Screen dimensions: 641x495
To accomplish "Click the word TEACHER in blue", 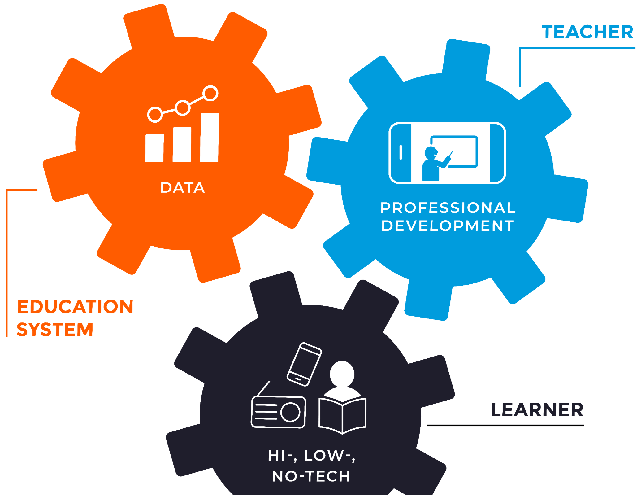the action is coord(587,32).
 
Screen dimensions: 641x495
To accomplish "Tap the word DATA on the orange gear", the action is coord(182,188).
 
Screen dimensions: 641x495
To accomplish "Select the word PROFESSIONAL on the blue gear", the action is coord(448,208).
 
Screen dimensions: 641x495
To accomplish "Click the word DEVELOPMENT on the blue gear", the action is coord(448,226).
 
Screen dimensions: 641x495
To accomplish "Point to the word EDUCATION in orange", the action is coord(75,307).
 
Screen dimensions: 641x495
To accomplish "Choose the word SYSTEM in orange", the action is coord(55,330).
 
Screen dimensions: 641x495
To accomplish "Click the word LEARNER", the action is coord(537,410).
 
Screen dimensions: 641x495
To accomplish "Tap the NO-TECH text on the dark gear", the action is coord(311,476).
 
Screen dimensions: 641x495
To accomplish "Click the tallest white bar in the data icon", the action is coord(210,138).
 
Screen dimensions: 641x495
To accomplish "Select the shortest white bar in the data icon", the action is coord(154,148).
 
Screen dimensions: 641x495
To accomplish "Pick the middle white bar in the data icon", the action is coord(182,145).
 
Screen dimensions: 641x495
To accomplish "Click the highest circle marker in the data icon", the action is coord(211,93).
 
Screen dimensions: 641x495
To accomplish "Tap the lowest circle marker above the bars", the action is coord(155,114).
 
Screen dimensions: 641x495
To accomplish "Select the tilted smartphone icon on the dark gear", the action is coord(304,364).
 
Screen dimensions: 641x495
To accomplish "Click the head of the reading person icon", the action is coord(342,374).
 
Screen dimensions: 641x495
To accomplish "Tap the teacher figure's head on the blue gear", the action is coord(431,153).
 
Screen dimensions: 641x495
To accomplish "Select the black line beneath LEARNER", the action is coord(505,426).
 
